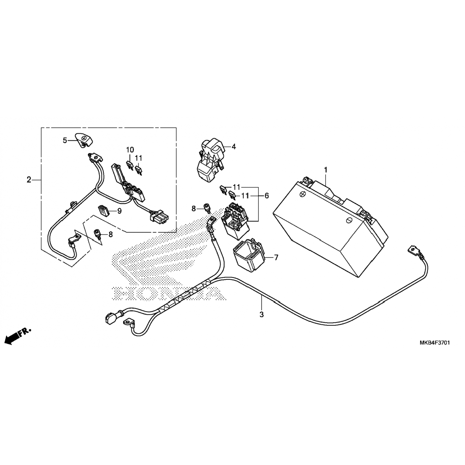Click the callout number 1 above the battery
click(x=325, y=170)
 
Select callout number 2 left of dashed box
click(x=29, y=179)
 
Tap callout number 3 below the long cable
click(x=262, y=314)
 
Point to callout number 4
click(x=234, y=147)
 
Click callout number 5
click(x=65, y=140)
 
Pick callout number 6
click(x=267, y=196)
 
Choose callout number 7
click(x=276, y=257)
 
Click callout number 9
click(x=119, y=211)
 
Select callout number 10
click(x=130, y=150)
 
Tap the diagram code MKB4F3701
click(x=435, y=343)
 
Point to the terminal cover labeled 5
click(x=84, y=140)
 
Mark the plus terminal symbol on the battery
click(x=303, y=194)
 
